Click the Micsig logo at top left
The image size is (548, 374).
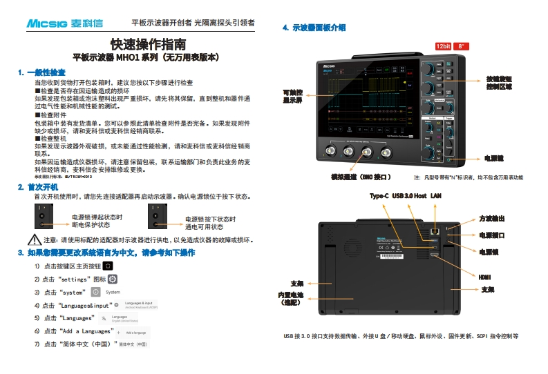[64, 23]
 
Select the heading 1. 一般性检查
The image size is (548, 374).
[42, 72]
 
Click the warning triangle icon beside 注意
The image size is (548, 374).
[35, 240]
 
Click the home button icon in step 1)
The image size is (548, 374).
[108, 266]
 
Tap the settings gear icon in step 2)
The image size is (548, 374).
[112, 279]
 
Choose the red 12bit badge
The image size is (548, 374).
[442, 46]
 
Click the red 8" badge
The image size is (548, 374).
[462, 46]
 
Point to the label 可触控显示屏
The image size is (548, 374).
[292, 96]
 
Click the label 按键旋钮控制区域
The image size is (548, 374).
[499, 83]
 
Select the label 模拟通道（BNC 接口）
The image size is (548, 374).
[361, 177]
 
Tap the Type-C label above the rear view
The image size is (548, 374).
[379, 196]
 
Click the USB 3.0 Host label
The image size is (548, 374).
[409, 196]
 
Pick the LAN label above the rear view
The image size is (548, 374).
[435, 196]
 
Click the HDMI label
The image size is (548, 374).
[484, 277]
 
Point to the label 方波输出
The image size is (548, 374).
[491, 218]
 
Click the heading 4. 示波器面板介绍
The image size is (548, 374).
[314, 28]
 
